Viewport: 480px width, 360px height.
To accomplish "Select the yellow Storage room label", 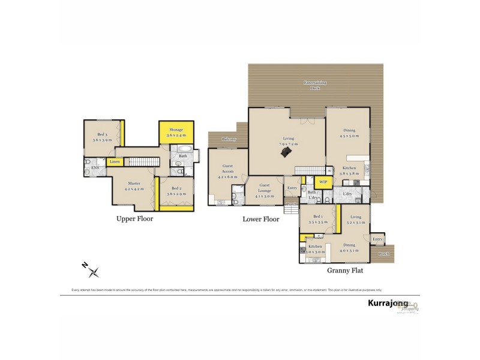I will point(176,130).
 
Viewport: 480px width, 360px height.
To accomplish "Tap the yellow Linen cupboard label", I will point(113,161).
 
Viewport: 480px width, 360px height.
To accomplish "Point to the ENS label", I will point(95,167).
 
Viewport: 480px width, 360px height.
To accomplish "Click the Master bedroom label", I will point(134,184).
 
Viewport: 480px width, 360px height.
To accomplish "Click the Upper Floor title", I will point(134,219).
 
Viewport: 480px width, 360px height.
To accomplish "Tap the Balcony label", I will point(229,139).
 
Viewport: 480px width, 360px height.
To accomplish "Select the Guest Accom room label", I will point(228,170).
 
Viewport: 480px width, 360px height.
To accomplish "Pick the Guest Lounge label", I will point(264,188).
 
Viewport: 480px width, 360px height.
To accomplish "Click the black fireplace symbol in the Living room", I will point(287,154).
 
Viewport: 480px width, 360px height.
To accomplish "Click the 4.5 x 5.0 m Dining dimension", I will point(349,136).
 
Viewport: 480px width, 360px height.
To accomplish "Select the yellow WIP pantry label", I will point(323,181).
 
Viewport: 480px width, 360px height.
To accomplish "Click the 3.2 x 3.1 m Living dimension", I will point(356,223).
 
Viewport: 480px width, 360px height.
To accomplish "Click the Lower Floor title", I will point(260,219).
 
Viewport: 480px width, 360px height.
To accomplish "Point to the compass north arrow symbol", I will point(92,271).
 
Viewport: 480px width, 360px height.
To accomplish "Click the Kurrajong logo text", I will point(388,304).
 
